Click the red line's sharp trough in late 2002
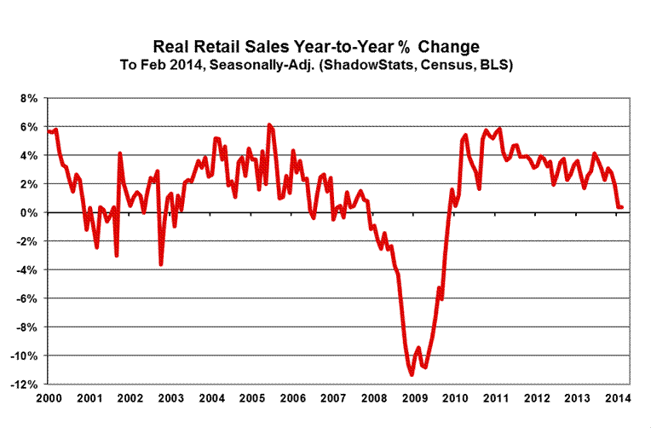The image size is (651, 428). coord(161,264)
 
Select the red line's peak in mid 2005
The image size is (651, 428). coord(269,125)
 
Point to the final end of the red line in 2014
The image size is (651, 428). coord(622,207)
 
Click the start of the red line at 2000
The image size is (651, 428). coord(49,130)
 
